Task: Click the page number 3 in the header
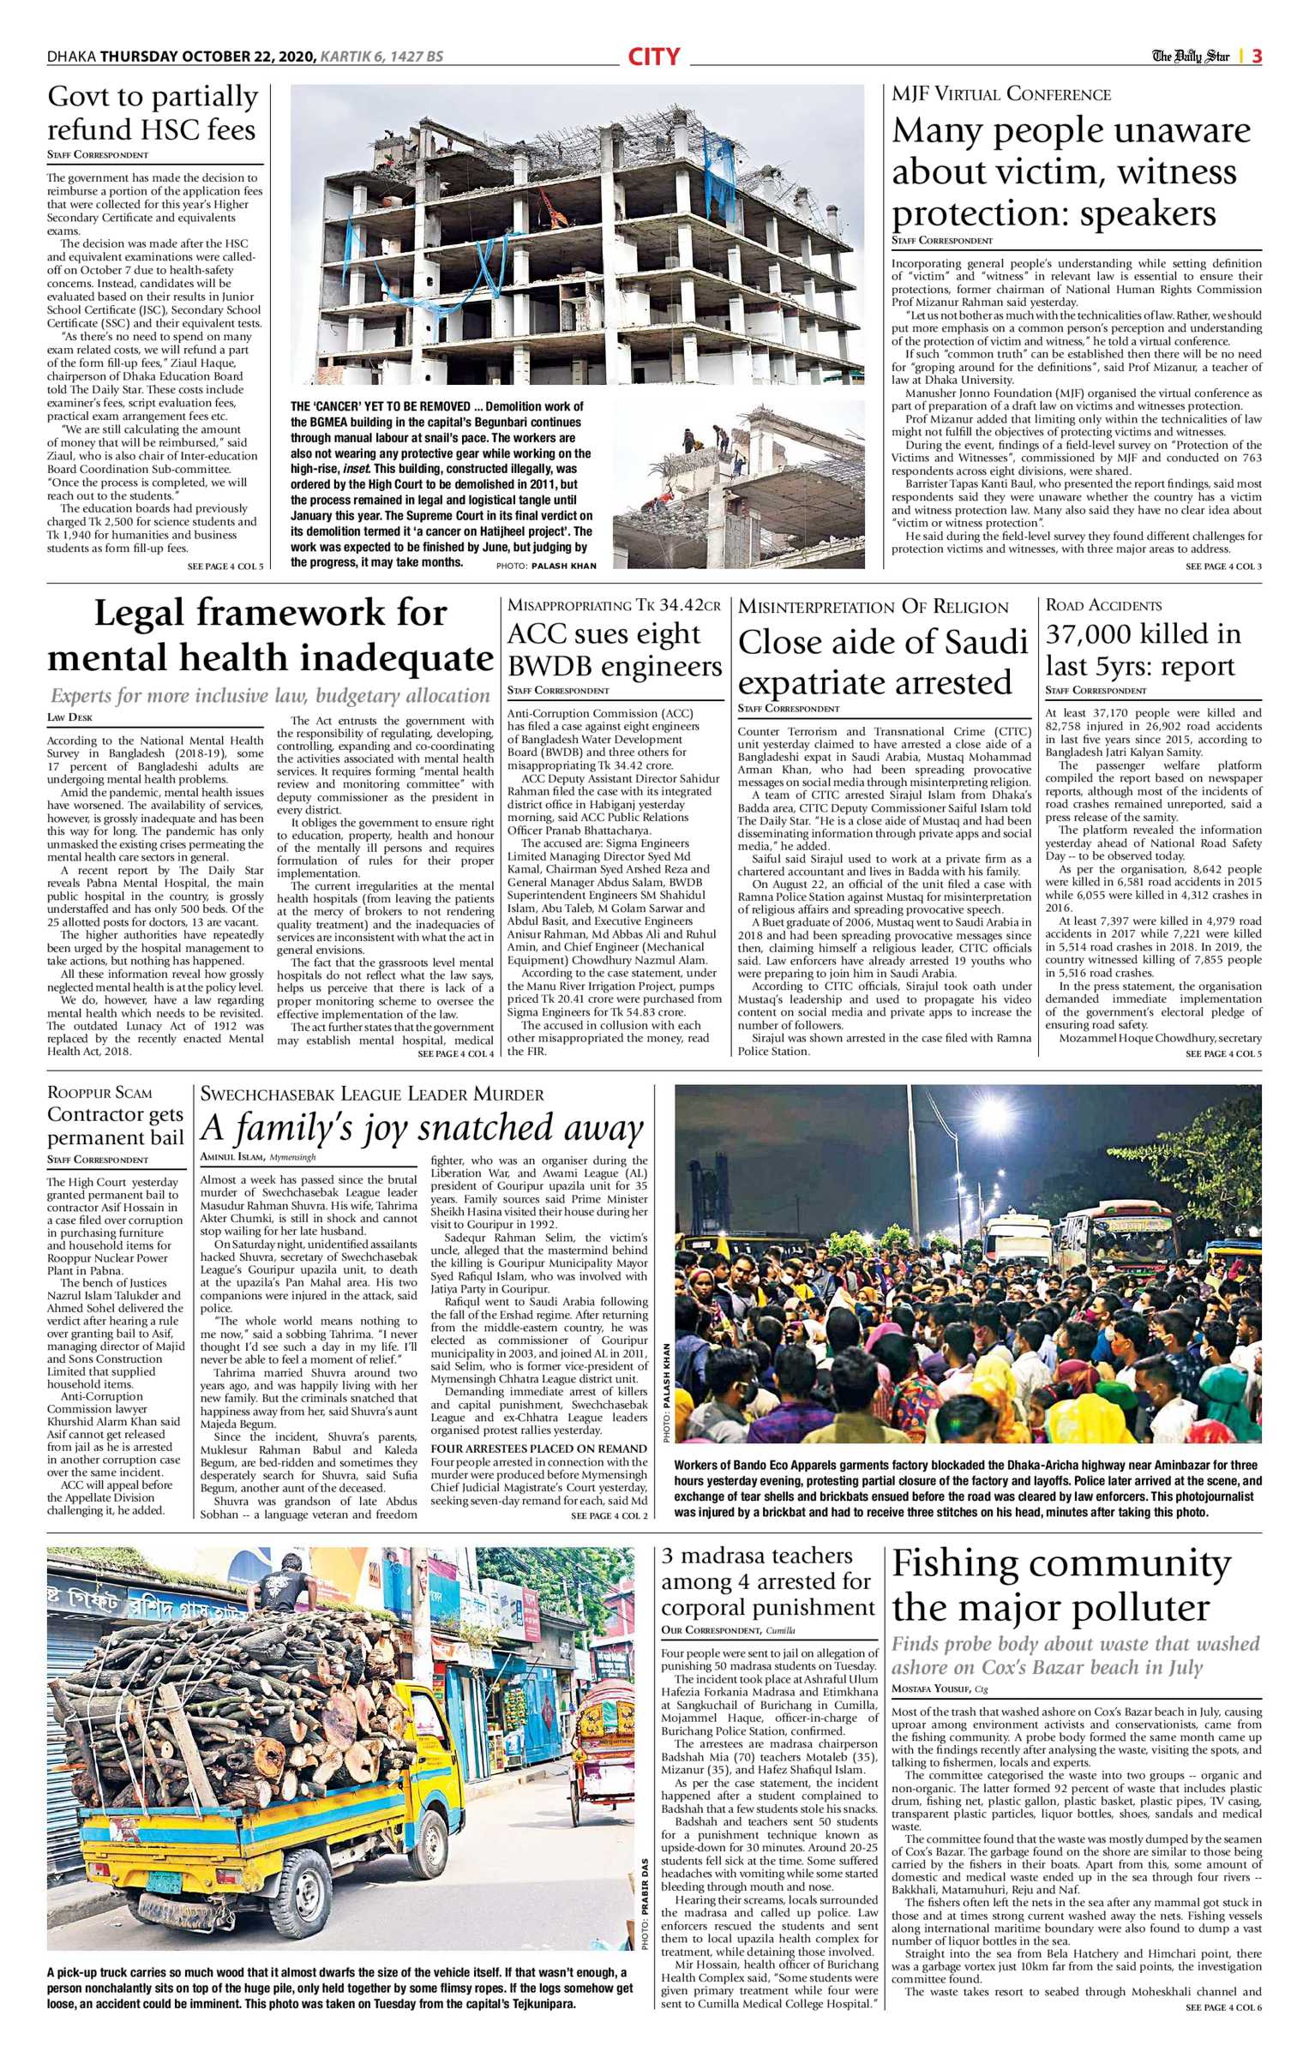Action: [1256, 57]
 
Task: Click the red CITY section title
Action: [653, 57]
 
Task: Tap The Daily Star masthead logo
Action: [1190, 57]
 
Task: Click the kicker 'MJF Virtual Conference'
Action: [1001, 94]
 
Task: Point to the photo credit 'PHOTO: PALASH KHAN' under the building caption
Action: [545, 566]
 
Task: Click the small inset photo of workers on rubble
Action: [738, 484]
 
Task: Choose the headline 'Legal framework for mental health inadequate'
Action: [270, 635]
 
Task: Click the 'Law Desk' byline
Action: [70, 717]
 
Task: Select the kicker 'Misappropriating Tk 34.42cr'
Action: [614, 605]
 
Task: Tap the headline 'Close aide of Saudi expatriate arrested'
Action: [883, 662]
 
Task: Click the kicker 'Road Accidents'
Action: [1103, 605]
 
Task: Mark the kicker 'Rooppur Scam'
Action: [99, 1093]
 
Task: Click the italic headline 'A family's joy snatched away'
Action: [422, 1128]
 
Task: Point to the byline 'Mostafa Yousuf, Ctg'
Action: [940, 1688]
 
